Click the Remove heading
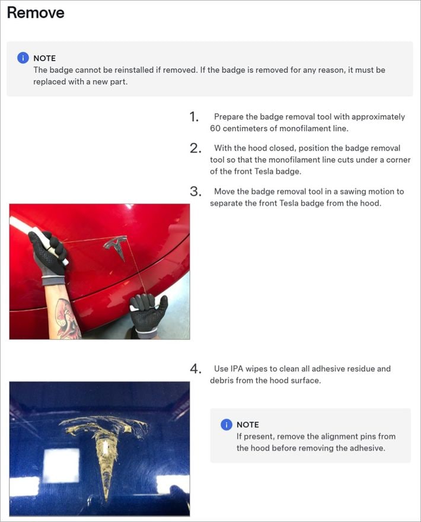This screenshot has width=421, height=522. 36,12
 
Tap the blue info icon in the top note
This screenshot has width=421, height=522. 23,58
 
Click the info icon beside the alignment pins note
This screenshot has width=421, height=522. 227,425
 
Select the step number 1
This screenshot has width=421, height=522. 194,117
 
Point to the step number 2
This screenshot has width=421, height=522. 195,148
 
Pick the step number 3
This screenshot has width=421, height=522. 195,192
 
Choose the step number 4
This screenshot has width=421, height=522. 195,369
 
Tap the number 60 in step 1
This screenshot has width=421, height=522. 215,129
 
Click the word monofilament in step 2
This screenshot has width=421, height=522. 292,160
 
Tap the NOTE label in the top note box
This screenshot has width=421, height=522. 44,58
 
